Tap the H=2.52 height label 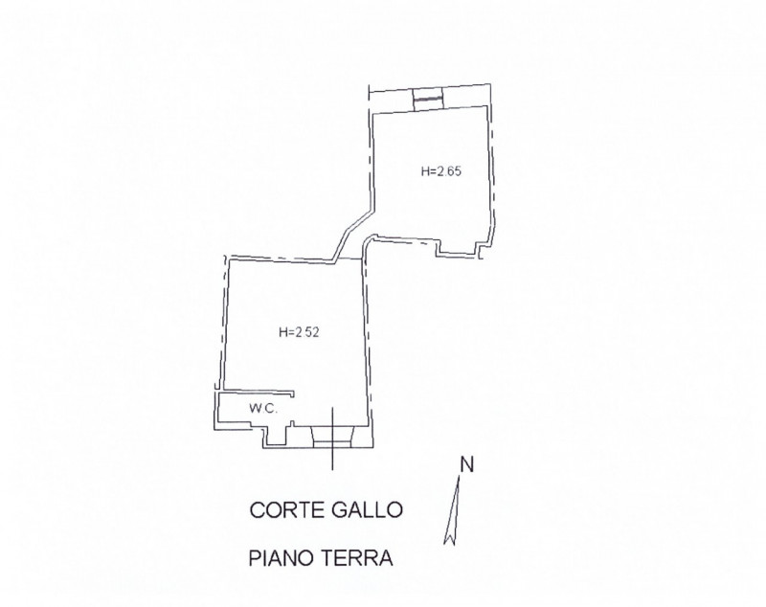(298, 333)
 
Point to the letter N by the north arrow (467, 465)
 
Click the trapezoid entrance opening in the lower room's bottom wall (332, 438)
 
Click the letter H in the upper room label (425, 173)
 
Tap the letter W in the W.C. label (255, 408)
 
